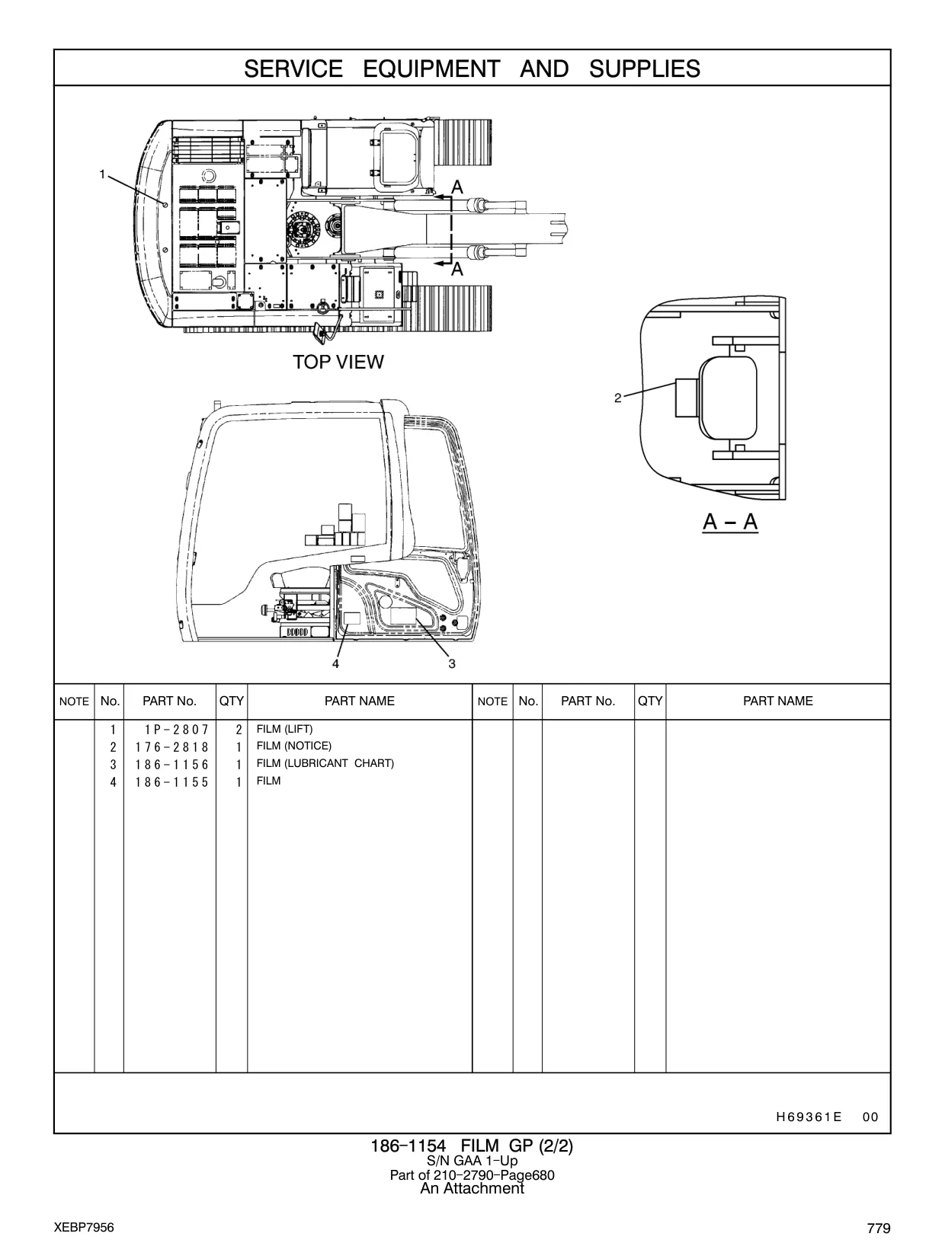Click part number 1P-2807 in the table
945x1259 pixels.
177,730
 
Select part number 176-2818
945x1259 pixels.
172,747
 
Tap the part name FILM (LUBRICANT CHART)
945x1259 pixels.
325,763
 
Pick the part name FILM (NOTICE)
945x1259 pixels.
293,746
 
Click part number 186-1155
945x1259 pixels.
172,782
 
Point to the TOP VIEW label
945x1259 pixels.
338,362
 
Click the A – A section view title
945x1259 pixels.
730,522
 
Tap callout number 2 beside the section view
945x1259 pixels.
618,398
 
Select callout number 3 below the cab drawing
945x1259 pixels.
452,663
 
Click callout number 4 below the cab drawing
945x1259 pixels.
335,663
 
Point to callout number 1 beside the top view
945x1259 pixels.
102,174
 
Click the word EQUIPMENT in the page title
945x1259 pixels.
431,69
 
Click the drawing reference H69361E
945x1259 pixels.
809,1117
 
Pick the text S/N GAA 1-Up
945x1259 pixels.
472,1161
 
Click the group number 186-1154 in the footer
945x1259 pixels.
408,1146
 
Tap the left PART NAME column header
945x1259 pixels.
360,701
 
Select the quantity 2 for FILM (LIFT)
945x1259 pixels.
239,730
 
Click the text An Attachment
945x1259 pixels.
472,1188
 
